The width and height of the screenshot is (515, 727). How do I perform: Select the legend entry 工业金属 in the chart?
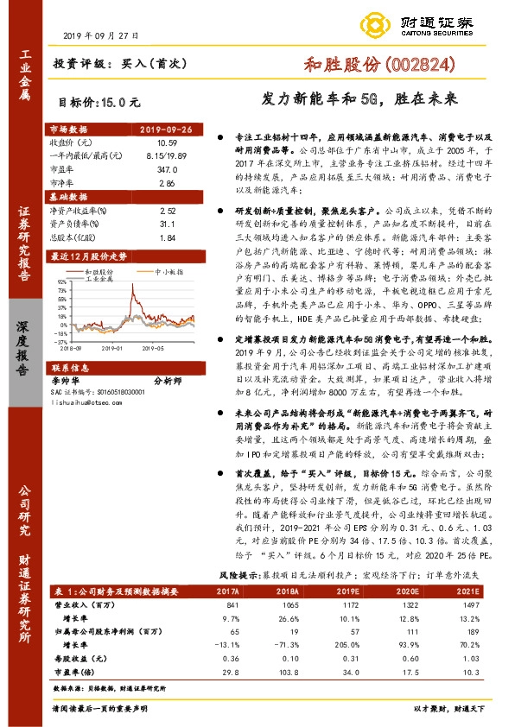[x=101, y=279]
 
